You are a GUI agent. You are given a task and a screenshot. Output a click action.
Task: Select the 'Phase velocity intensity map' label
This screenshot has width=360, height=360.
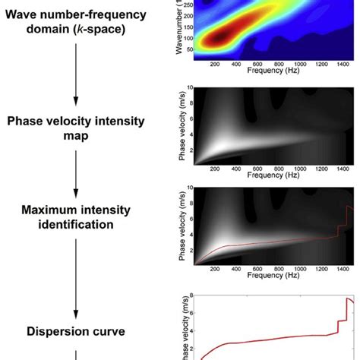click(75, 129)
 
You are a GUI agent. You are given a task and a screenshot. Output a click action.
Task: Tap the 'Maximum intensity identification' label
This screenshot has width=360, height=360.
click(75, 217)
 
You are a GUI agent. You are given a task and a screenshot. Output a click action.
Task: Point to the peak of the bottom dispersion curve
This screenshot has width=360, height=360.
click(348, 298)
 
